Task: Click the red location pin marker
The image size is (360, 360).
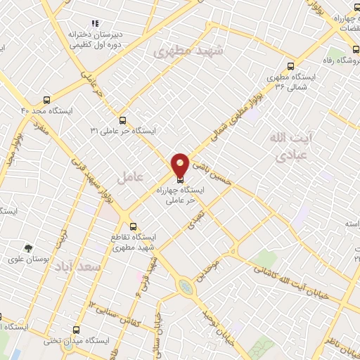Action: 180,164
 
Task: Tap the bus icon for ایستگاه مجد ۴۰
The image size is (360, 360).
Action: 46,100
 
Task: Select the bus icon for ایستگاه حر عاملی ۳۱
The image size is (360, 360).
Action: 124,120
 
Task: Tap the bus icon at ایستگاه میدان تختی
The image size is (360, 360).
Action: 77,329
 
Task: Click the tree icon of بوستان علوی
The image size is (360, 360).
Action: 28,247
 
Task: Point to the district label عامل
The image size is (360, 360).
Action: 130,176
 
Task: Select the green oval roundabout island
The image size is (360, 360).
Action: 185,287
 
